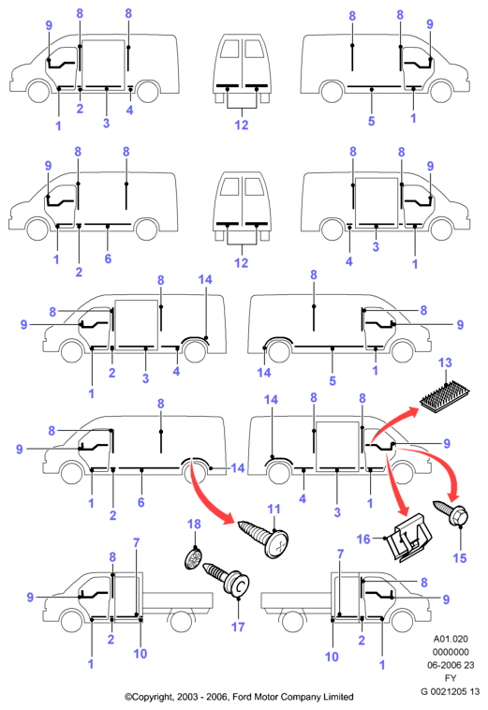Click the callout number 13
click(445, 362)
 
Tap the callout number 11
click(274, 510)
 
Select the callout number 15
click(460, 558)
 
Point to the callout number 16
click(363, 539)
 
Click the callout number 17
click(238, 628)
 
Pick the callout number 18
click(194, 524)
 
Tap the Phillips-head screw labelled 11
click(264, 538)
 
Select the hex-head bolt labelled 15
click(451, 511)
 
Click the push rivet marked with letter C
click(228, 580)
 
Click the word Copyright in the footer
click(151, 697)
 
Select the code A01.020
click(451, 639)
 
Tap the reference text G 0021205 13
click(450, 691)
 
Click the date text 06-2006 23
click(451, 665)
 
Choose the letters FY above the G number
click(451, 678)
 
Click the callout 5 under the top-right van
click(371, 121)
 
